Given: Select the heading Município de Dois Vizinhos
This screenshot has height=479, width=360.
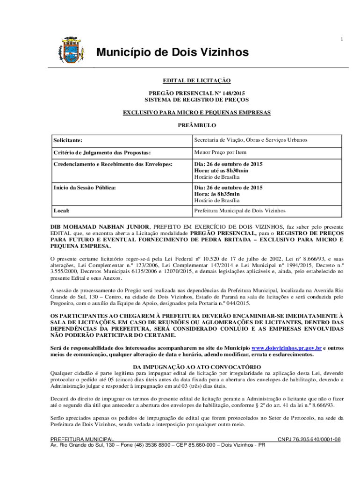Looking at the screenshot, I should pos(173,52).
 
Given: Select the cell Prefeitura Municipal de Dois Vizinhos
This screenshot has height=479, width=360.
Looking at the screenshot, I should pos(240,211).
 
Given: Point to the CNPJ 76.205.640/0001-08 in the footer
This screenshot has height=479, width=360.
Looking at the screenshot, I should pos(309,440).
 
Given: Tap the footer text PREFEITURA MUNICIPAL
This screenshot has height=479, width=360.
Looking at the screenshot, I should pos(82,440).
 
